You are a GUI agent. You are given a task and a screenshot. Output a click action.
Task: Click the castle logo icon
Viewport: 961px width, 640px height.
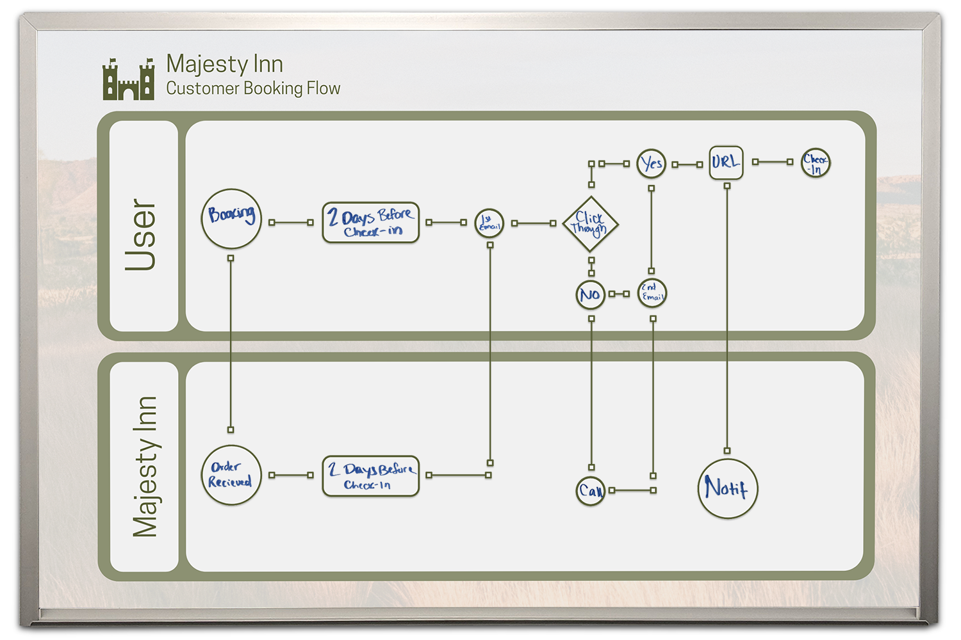pos(128,79)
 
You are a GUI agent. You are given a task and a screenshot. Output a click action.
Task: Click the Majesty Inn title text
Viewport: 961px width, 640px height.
pos(224,64)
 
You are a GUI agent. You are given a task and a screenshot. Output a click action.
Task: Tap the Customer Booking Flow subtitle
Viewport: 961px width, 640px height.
pos(253,88)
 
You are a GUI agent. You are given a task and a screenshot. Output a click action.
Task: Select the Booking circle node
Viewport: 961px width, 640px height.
pos(231,219)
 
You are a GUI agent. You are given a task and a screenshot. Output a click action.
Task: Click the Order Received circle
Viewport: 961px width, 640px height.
pos(231,475)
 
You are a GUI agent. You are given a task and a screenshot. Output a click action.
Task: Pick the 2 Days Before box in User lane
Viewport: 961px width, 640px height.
pos(370,222)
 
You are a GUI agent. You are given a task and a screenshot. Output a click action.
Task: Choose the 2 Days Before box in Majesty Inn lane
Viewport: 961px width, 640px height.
pos(370,476)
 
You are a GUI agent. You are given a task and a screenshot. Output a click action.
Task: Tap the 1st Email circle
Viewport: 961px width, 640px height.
pos(489,223)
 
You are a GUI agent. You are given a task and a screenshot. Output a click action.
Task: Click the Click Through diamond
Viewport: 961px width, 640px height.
pos(590,224)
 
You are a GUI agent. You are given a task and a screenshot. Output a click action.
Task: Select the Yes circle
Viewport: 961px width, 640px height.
pos(652,164)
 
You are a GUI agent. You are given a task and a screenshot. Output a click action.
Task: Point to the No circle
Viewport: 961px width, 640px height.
pos(590,294)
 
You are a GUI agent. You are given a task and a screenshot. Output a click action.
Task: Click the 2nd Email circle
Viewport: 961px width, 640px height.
pos(652,293)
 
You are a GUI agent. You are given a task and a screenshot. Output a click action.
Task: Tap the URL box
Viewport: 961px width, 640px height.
pos(726,163)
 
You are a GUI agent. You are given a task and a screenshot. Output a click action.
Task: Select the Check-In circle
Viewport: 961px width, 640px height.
pos(816,163)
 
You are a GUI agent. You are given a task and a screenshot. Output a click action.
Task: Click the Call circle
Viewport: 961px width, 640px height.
pos(590,491)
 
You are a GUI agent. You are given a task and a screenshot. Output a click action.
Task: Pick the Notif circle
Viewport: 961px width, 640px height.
pos(727,488)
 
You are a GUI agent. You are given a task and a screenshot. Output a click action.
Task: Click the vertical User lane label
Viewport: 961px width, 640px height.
pos(142,234)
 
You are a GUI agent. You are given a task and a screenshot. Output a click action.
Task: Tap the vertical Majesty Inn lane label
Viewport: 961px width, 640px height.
pos(145,467)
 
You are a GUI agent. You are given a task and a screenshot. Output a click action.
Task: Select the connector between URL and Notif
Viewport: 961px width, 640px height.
pos(727,320)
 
